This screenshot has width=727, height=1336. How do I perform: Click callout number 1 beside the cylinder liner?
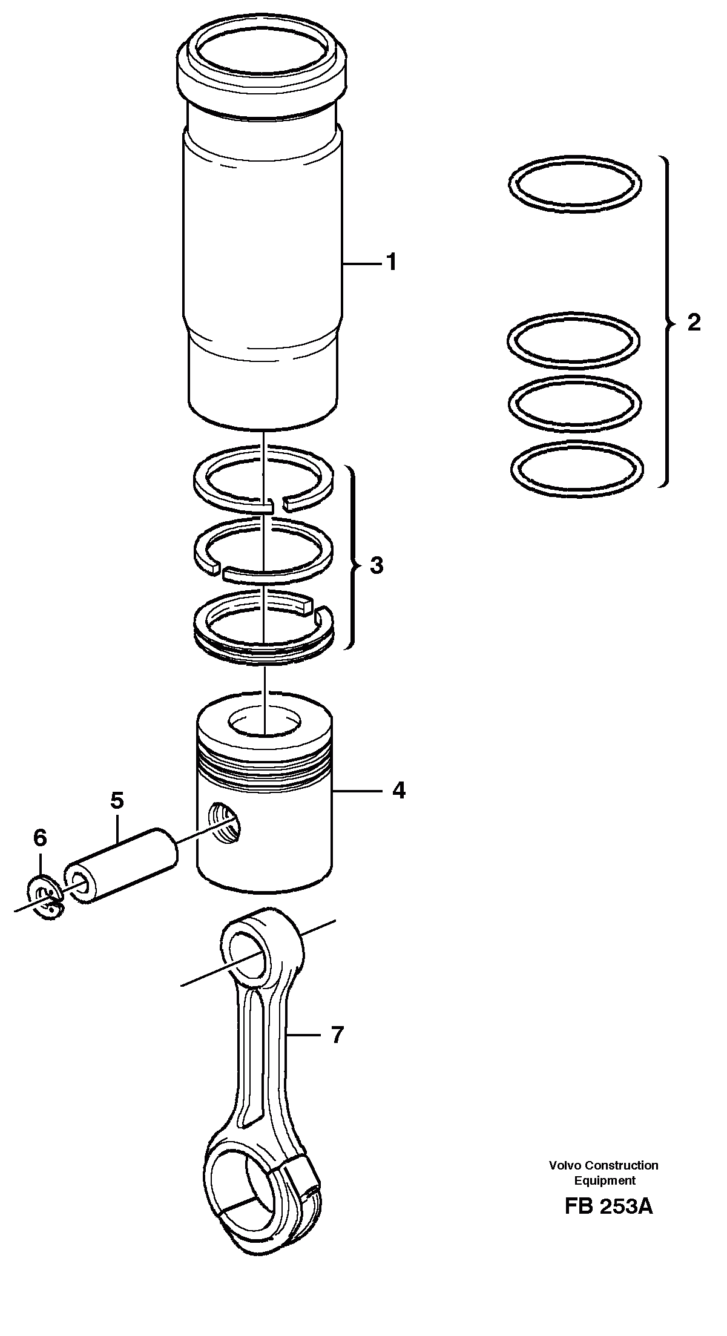coord(392,263)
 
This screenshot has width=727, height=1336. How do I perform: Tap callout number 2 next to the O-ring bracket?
coord(694,322)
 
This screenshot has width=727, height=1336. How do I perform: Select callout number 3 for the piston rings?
coord(376,566)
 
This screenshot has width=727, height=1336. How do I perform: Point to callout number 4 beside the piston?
coord(398,791)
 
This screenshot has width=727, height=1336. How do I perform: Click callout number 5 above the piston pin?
coord(117,801)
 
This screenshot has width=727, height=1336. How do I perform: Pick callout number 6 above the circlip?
coord(39,838)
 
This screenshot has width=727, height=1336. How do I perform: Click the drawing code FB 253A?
coord(608,1207)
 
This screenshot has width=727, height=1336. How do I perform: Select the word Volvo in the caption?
coord(564,1165)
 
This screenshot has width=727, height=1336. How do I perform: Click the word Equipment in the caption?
coord(604,1180)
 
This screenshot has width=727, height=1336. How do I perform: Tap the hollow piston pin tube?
coord(121,866)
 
